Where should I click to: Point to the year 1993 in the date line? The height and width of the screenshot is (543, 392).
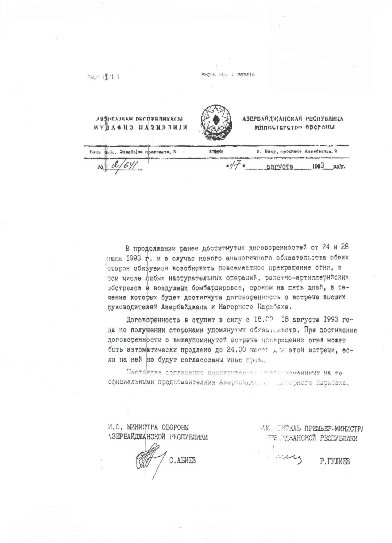(x=318, y=166)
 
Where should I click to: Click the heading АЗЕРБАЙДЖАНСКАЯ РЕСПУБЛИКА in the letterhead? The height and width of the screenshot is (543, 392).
(x=293, y=119)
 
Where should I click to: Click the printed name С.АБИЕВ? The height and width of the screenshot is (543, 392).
(x=183, y=461)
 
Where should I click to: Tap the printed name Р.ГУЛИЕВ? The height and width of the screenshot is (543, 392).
(x=335, y=462)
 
